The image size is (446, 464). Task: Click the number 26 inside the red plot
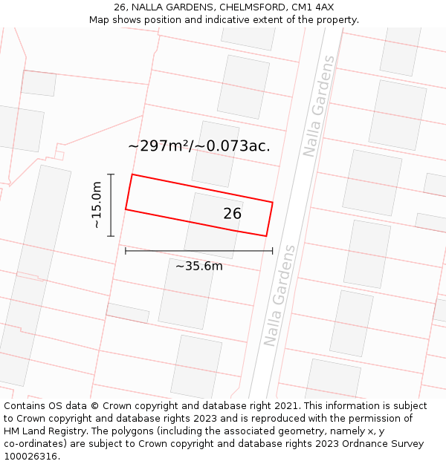click(233, 214)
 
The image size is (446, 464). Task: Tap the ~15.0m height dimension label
click(97, 205)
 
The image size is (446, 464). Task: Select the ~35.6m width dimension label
click(199, 266)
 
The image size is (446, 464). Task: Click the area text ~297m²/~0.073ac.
click(199, 146)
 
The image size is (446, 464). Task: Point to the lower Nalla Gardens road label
click(279, 295)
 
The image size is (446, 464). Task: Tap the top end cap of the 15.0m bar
click(111, 174)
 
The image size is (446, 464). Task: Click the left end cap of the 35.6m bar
click(126, 251)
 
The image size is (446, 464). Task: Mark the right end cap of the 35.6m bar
click(272, 251)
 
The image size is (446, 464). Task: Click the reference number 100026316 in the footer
click(30, 457)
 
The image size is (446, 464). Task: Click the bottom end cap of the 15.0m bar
click(111, 236)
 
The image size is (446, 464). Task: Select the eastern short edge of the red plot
click(269, 219)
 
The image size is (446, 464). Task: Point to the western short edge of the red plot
click(129, 192)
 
